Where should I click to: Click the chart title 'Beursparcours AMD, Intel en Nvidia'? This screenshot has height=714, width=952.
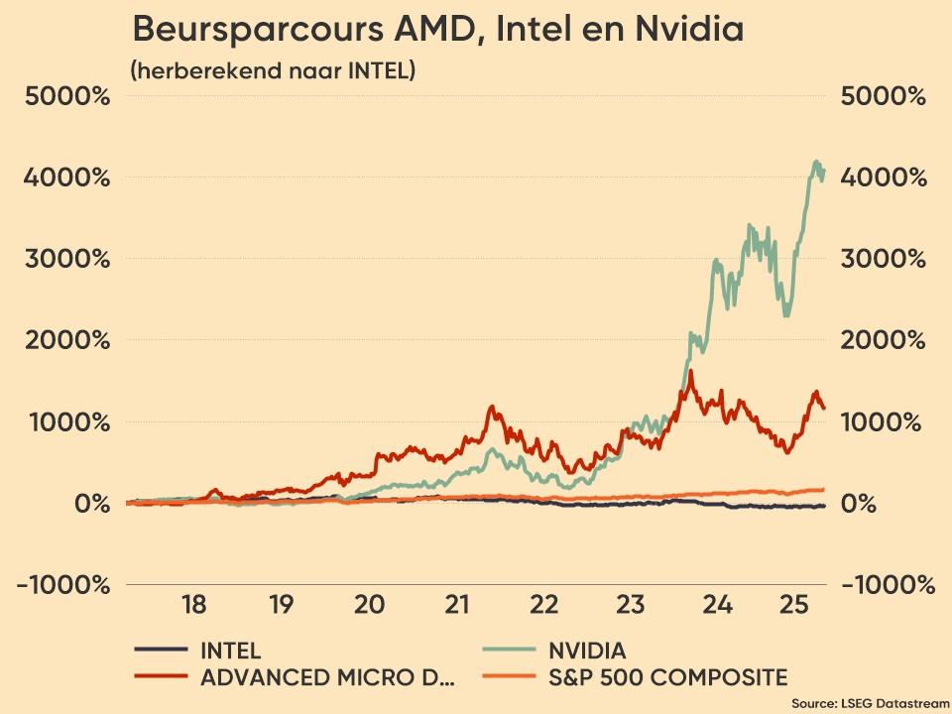[x=437, y=30]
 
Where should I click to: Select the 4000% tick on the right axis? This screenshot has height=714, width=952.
[x=883, y=178]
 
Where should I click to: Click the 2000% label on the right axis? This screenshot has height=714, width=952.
[x=883, y=340]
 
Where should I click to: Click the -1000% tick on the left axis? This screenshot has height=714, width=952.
[x=62, y=584]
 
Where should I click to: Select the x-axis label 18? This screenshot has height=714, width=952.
[x=193, y=604]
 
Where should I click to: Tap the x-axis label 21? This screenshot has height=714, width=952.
[x=456, y=604]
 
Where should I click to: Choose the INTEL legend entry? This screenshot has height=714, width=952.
[x=230, y=651]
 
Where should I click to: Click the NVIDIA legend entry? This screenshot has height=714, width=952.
[x=587, y=651]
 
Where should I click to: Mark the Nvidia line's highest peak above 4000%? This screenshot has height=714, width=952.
[x=816, y=161]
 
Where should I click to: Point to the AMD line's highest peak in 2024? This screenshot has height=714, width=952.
[x=690, y=372]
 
